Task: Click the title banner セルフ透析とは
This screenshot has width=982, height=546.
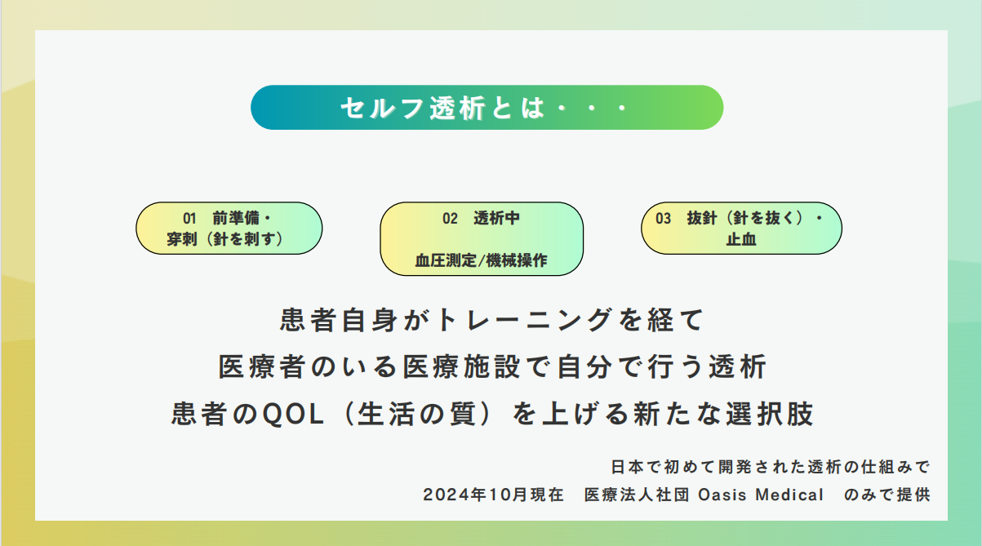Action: click(487, 108)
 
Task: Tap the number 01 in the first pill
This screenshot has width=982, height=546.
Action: click(189, 218)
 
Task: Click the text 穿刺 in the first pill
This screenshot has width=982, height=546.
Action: click(181, 239)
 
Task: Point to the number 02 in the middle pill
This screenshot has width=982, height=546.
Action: click(450, 218)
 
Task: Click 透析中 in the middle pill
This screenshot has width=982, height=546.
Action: click(496, 218)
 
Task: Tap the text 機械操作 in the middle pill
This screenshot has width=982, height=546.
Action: click(517, 260)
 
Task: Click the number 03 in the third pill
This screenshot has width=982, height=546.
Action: click(663, 218)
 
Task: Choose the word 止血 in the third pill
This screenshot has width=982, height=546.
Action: click(741, 239)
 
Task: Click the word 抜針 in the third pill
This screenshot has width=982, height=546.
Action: click(702, 218)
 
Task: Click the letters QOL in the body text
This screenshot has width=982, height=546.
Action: click(293, 414)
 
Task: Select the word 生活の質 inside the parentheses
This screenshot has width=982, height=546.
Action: click(416, 414)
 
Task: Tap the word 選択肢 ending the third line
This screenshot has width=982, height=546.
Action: click(770, 414)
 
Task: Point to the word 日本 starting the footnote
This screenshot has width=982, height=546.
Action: click(627, 467)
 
